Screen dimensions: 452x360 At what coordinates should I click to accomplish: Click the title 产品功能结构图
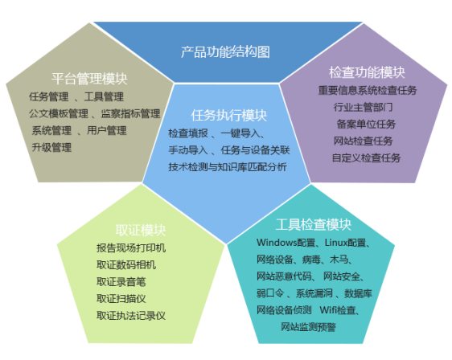point(225,52)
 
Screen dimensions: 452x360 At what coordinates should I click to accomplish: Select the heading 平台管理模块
point(89,79)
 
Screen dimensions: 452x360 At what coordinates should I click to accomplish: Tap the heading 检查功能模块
point(367,72)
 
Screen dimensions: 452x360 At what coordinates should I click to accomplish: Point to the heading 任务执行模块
point(229,115)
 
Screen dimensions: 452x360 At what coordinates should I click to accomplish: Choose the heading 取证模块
point(141,230)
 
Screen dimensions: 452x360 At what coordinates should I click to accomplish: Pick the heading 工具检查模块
point(314,225)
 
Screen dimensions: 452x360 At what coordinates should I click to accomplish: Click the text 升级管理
point(51,148)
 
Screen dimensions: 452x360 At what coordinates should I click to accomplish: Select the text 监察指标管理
point(130,113)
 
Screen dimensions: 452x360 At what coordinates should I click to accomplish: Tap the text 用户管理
point(107,130)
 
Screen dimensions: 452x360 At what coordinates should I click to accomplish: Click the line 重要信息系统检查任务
point(368,91)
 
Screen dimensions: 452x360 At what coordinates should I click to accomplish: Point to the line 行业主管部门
point(364,107)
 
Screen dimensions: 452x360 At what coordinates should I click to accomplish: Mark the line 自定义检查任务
point(367,157)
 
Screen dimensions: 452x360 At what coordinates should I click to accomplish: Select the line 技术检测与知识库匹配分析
point(228,167)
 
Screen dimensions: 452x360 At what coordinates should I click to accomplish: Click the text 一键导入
point(240,133)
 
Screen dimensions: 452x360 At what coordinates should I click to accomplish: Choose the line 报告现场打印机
point(131,248)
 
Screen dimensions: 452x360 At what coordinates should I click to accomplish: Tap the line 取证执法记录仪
point(131,316)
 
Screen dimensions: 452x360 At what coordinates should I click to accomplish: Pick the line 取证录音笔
point(121,282)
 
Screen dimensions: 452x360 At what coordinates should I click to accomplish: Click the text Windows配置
point(286,243)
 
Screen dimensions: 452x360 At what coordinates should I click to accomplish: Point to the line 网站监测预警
point(309,327)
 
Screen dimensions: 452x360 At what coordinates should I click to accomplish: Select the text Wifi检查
point(338,310)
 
